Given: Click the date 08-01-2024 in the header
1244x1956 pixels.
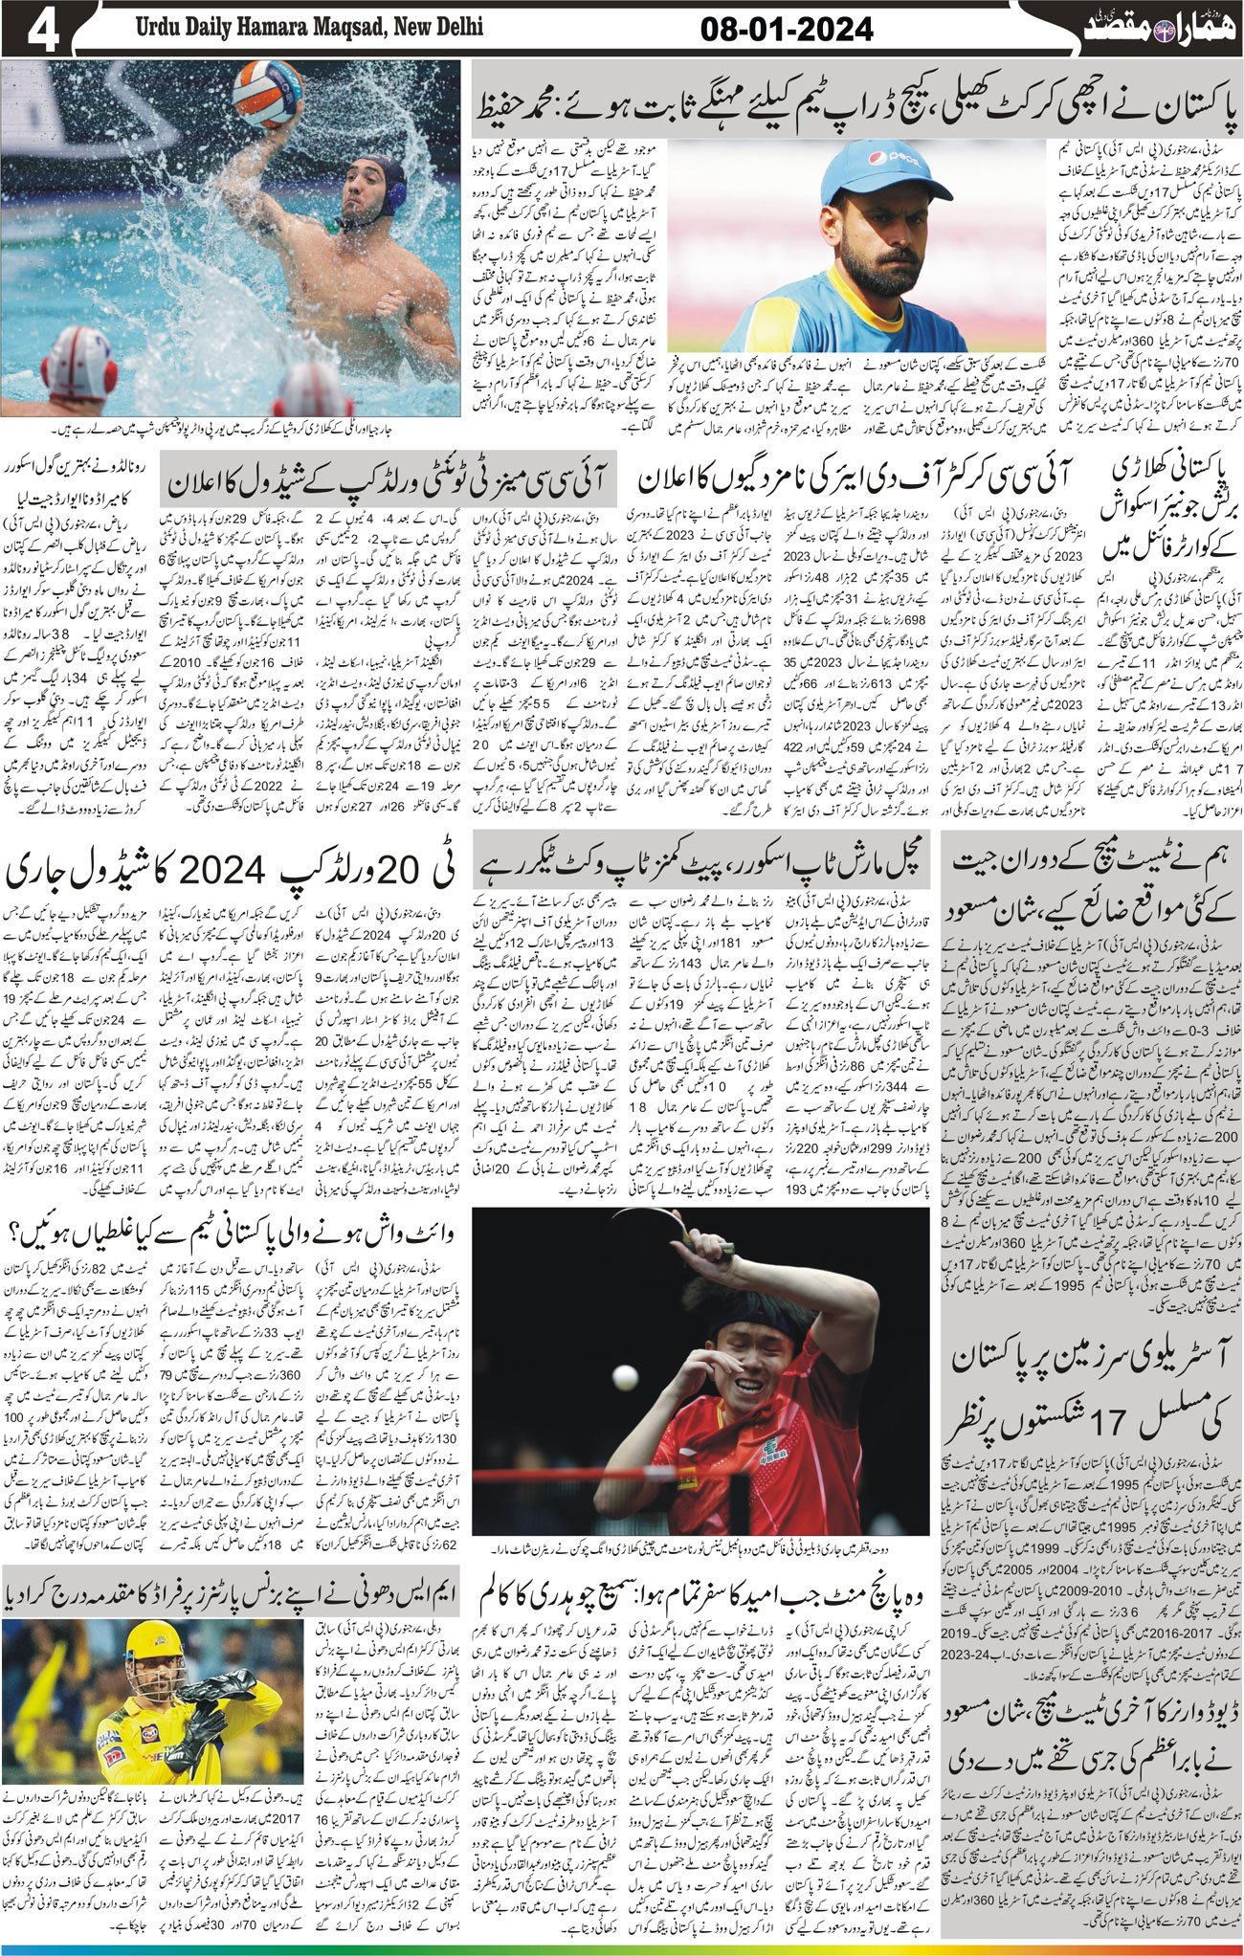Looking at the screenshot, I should pos(787,30).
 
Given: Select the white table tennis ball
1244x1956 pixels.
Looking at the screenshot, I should pos(625,1377).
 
